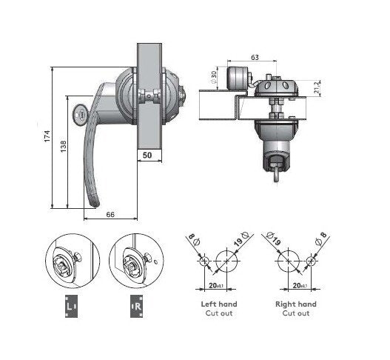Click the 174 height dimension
[x=46, y=137]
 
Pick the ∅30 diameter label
[x=215, y=76]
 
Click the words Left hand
[x=218, y=304]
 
